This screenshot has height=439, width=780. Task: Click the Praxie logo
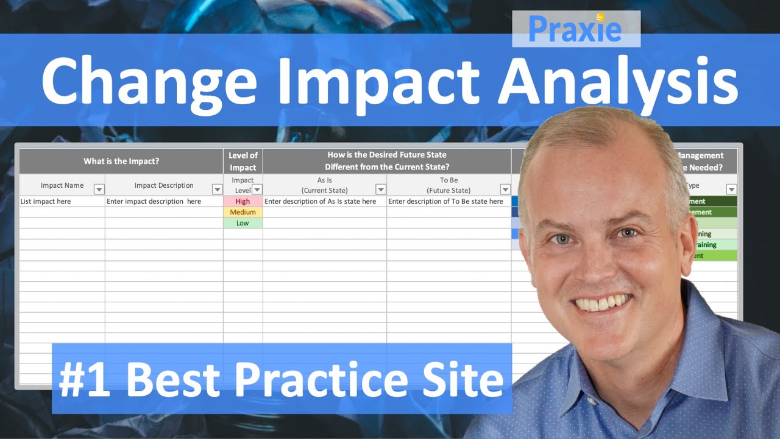pos(575,29)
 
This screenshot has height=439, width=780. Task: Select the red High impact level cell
pos(243,201)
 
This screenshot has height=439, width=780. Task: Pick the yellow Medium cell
pos(243,212)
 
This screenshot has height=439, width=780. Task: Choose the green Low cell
pos(243,223)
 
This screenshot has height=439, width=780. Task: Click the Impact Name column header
pos(62,185)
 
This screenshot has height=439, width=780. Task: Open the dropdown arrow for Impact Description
pos(217,190)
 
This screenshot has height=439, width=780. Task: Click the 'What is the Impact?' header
pos(121,162)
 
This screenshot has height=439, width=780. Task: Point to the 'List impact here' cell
pos(46,201)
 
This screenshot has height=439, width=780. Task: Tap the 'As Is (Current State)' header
pos(324,185)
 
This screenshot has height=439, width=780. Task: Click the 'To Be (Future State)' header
pos(448,185)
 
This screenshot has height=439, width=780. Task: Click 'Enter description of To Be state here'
pos(445,201)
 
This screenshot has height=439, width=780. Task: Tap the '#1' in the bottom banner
pos(86,380)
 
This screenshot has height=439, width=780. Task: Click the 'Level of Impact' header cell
pos(243,162)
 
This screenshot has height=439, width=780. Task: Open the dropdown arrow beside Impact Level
pos(257,190)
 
